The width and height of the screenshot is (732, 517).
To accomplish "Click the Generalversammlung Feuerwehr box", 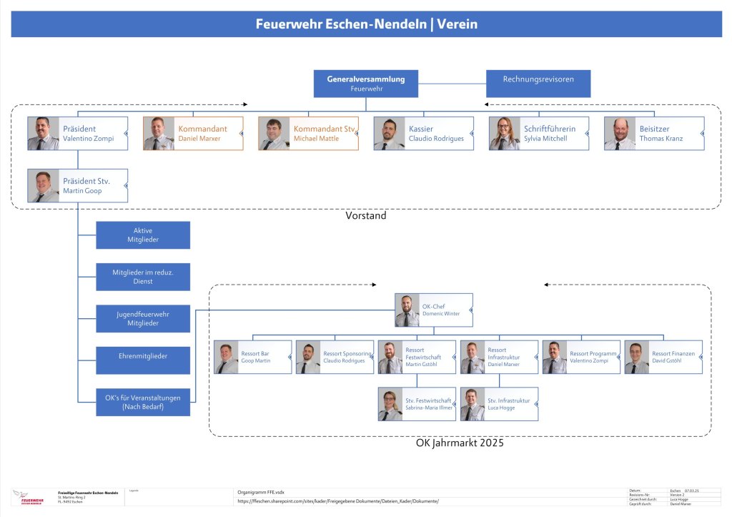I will pyautogui.click(x=366, y=84).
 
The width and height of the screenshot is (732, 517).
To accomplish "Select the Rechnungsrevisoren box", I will pyautogui.click(x=538, y=84).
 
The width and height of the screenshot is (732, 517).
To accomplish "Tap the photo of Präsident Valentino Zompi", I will pyautogui.click(x=43, y=134).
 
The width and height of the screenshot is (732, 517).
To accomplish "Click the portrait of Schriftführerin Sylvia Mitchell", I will pyautogui.click(x=505, y=134).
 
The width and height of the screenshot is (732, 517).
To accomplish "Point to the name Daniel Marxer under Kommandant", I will pyautogui.click(x=199, y=139).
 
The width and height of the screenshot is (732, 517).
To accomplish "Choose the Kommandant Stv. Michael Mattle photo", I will pyautogui.click(x=274, y=134).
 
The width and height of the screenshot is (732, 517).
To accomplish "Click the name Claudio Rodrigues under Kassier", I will pyautogui.click(x=436, y=139).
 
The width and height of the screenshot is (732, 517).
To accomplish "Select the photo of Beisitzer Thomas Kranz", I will pyautogui.click(x=620, y=134).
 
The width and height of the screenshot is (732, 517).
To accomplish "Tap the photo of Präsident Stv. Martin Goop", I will pyautogui.click(x=43, y=185).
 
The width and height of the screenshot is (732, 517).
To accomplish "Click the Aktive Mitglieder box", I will pyautogui.click(x=143, y=235).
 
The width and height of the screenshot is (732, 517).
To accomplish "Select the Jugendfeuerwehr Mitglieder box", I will pyautogui.click(x=143, y=319).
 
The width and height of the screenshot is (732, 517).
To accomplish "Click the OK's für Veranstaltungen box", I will pyautogui.click(x=143, y=402).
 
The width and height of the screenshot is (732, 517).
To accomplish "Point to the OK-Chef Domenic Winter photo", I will pyautogui.click(x=407, y=310).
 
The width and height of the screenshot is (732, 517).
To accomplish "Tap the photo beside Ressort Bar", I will pyautogui.click(x=226, y=358).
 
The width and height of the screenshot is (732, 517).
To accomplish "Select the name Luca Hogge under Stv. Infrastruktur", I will pyautogui.click(x=502, y=408).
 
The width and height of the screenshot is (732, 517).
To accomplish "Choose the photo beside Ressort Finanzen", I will pyautogui.click(x=637, y=358).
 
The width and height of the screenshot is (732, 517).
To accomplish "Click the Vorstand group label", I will pyautogui.click(x=366, y=215).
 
